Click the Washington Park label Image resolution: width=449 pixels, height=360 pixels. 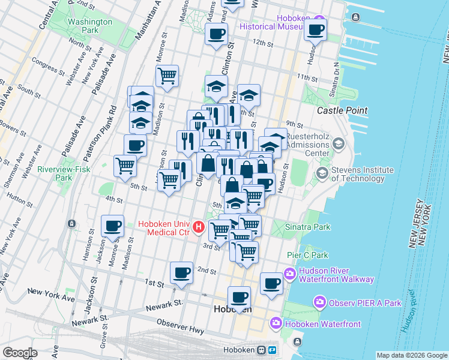click(x=91, y=26)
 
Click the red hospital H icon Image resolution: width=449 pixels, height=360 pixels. click(x=199, y=229)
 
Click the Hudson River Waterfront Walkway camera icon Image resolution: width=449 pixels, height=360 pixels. click(x=291, y=274)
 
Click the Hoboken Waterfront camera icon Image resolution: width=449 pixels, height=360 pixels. click(x=276, y=323)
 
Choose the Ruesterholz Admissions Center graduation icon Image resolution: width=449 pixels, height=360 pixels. click(x=339, y=144)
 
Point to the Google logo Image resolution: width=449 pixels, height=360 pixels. click(x=20, y=353)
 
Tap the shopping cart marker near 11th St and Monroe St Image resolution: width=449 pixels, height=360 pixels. click(x=167, y=76)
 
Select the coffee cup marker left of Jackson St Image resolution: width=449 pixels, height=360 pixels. click(x=112, y=226)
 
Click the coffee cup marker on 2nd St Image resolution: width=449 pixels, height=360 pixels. click(x=181, y=273)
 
